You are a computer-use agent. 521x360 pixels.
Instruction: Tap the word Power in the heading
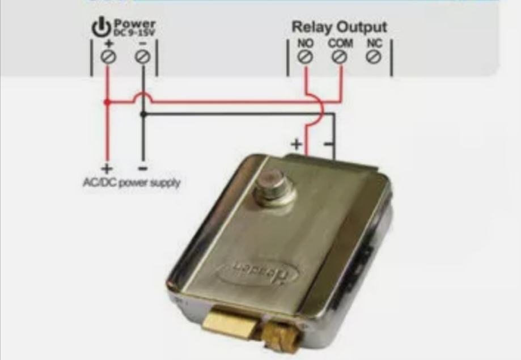tap(134, 24)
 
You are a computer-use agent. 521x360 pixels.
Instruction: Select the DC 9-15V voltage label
tap(134, 33)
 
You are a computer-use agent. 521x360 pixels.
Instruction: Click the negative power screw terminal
tap(143, 57)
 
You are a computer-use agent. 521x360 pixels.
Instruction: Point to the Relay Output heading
tap(339, 27)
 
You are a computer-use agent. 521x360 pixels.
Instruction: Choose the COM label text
tap(340, 43)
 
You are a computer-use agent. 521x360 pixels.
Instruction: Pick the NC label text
tap(373, 43)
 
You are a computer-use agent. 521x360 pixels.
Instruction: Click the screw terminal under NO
tap(306, 57)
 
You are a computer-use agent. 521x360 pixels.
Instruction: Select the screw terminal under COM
tap(340, 57)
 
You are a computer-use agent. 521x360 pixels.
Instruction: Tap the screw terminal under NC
tap(373, 57)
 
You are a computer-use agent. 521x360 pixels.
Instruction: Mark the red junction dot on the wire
tap(107, 103)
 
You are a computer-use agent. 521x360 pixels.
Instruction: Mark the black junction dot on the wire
tap(143, 114)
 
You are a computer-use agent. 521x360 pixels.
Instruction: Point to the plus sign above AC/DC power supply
tap(106, 168)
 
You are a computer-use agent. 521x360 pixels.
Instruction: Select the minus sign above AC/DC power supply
tap(143, 168)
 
